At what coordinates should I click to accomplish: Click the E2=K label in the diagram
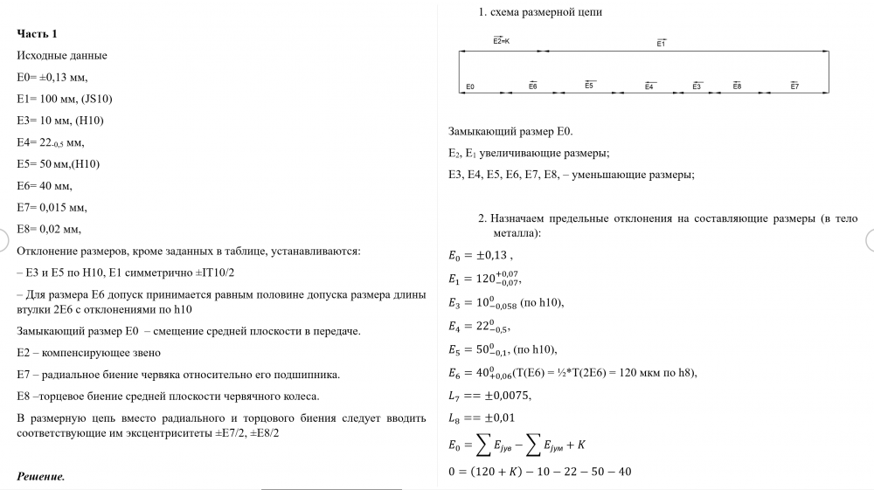(x=502, y=41)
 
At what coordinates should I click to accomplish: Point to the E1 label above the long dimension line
(x=661, y=42)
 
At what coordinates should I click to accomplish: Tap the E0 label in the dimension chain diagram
(x=470, y=86)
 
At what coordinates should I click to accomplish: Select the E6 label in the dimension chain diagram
(x=532, y=86)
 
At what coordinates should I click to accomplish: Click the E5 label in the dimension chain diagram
(x=590, y=86)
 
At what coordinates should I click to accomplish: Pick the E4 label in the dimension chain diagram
(x=649, y=86)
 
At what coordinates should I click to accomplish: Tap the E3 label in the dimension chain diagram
(x=697, y=86)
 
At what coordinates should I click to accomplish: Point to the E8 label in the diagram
(x=737, y=86)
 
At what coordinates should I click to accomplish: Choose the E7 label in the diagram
(x=794, y=86)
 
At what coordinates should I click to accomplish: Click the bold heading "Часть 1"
(x=38, y=33)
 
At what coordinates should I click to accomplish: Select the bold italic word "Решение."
(x=41, y=477)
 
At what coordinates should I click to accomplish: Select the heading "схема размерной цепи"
(x=546, y=12)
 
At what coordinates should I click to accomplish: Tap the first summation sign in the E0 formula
(x=482, y=446)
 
